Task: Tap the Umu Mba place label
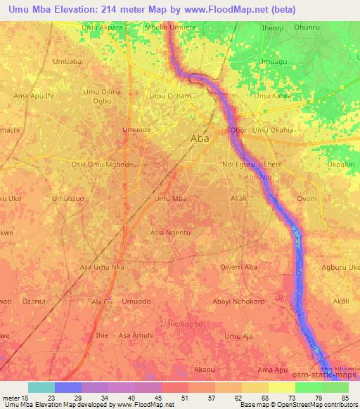pos(169,199)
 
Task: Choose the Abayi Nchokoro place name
pos(238,301)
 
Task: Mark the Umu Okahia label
pos(273,130)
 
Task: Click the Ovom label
pos(307,199)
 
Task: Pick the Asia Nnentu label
pos(171,232)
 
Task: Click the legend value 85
pos(345,398)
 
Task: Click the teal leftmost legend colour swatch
pos(41,387)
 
